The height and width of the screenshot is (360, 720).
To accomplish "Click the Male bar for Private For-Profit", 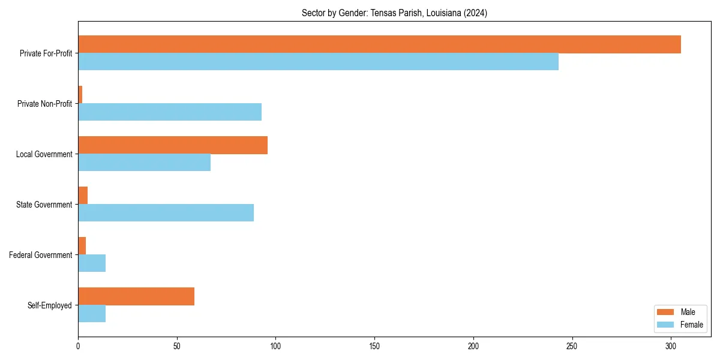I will point(379,44).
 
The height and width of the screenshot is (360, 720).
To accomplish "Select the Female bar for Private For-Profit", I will point(318,62).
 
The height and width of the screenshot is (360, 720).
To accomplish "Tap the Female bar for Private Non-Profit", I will point(170,112).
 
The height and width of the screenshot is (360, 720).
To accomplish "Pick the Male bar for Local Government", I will point(173,145).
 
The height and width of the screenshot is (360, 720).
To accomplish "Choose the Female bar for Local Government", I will point(144,163).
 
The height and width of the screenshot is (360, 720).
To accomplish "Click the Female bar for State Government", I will point(166,213).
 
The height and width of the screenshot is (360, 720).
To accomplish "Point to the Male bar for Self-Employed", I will point(136,296).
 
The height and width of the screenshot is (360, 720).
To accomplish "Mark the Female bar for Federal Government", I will point(92,263).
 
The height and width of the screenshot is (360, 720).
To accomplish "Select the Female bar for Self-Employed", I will point(92,314).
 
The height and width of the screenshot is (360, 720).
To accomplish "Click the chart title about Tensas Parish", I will point(394,13).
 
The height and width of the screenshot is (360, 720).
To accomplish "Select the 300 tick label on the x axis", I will point(671,346).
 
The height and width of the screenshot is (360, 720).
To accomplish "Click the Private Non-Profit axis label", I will point(44,104).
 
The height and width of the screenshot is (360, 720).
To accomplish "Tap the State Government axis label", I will point(44,205).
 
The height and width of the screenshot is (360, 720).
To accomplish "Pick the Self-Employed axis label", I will point(50,305).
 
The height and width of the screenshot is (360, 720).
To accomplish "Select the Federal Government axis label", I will point(41,255).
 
